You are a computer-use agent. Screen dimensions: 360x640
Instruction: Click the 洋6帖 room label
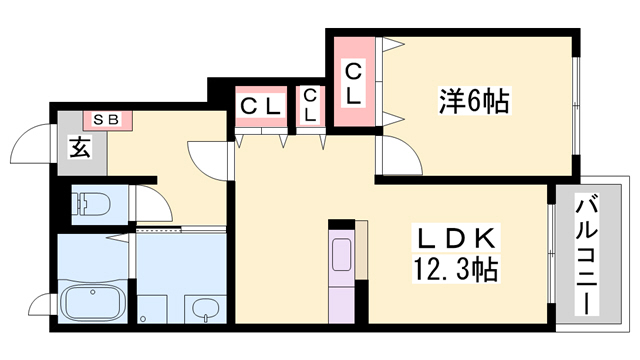coord(473,101)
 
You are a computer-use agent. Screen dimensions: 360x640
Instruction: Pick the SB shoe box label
coord(106,120)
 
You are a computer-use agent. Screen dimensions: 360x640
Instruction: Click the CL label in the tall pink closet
coord(353,83)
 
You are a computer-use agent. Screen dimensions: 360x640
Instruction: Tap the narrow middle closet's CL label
coord(311,105)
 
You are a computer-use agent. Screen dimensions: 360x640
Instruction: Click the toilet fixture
coord(94,204)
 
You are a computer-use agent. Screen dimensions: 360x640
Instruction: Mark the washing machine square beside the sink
coord(152,310)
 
